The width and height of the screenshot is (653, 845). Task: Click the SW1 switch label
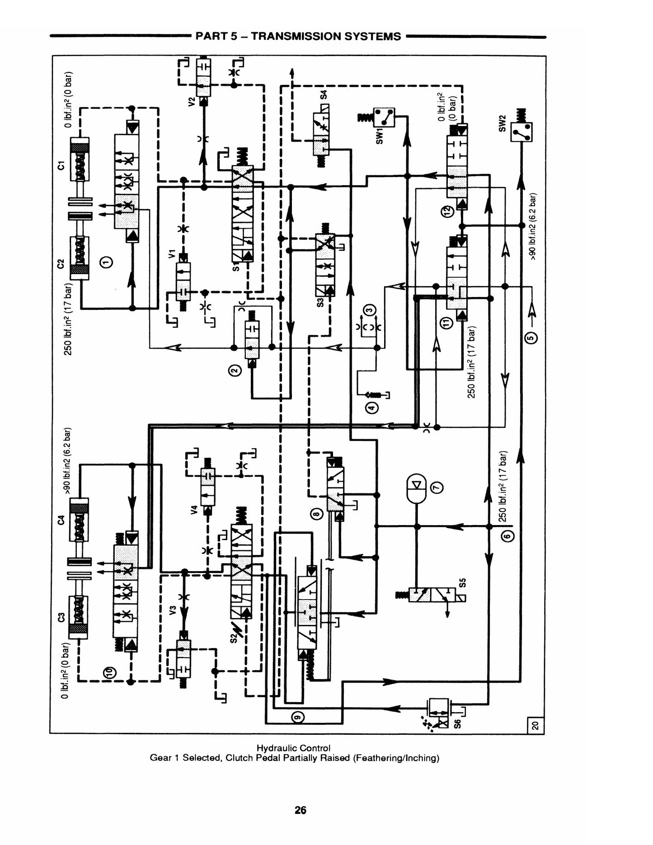[x=380, y=135]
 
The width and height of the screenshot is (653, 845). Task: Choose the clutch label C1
[x=61, y=165]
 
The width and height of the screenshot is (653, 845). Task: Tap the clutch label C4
[x=61, y=520]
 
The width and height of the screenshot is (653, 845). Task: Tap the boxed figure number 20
[x=536, y=726]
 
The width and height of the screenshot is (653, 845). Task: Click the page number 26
[x=301, y=810]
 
